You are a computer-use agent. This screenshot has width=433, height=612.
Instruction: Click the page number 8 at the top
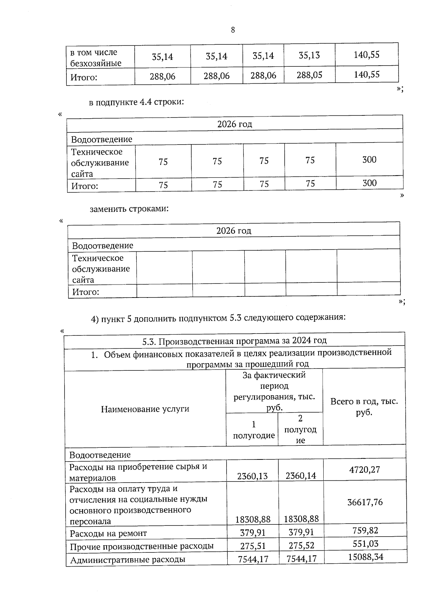[x=233, y=30]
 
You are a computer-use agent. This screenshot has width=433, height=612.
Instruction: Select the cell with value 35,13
[x=309, y=56]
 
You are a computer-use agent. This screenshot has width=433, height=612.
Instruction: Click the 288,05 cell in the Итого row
[x=309, y=75]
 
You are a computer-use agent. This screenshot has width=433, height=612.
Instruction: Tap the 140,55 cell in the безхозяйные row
[x=367, y=55]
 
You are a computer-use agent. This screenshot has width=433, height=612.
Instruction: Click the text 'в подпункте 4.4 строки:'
[x=137, y=102]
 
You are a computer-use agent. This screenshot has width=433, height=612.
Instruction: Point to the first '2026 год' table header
[x=235, y=124]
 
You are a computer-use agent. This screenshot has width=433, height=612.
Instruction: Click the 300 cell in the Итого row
[x=369, y=183]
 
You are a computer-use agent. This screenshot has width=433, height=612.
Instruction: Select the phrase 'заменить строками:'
[x=129, y=209]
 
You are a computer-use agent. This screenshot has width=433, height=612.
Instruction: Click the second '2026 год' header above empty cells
[x=234, y=230]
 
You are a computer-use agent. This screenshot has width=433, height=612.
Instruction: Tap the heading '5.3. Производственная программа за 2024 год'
[x=235, y=340]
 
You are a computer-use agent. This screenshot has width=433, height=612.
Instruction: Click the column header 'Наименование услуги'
[x=145, y=409]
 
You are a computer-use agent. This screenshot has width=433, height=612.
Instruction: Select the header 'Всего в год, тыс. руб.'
[x=364, y=407]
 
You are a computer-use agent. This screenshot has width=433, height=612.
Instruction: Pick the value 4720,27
[x=364, y=470]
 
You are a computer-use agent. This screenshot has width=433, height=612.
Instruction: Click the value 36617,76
[x=365, y=502]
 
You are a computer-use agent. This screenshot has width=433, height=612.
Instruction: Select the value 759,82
[x=365, y=530]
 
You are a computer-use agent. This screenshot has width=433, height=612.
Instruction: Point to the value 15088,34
[x=366, y=557]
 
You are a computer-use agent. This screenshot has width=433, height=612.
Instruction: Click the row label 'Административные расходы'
[x=128, y=560]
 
